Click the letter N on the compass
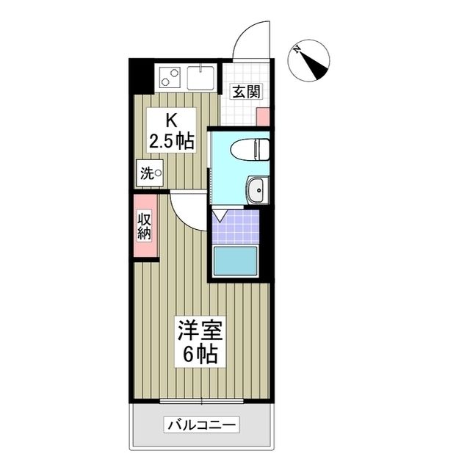[x=297, y=50]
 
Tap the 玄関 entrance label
[x=245, y=92]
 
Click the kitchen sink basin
[x=200, y=76]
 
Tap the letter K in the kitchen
[x=171, y=119]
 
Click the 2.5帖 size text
[x=172, y=141]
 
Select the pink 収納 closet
[x=144, y=225]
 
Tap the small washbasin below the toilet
[x=256, y=190]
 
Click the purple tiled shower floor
[x=235, y=227]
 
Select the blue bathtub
[x=235, y=261]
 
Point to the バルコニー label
[x=200, y=424]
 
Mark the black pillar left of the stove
[x=140, y=74]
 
